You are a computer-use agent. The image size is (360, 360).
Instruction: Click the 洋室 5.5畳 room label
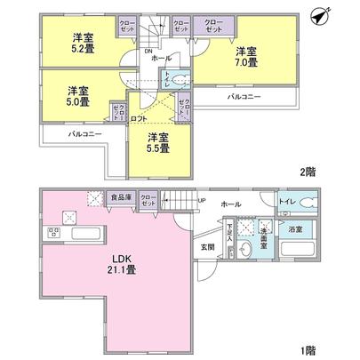[x=158, y=142]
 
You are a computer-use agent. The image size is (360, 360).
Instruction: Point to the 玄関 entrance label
[x=208, y=245]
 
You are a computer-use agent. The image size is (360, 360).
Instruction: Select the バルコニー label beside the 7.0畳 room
[x=244, y=96]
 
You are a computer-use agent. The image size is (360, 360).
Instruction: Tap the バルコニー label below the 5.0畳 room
[x=85, y=134]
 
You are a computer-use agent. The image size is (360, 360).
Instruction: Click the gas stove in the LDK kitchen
[x=53, y=234]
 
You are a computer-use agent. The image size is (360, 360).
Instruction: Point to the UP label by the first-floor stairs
[x=201, y=200]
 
